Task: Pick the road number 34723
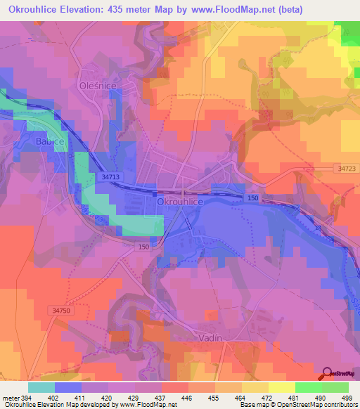point(345,169)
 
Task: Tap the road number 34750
point(63,309)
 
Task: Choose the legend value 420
point(108,398)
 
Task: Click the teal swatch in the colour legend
point(41,387)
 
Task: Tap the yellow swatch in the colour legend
point(282,387)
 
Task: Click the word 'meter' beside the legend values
point(11,398)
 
